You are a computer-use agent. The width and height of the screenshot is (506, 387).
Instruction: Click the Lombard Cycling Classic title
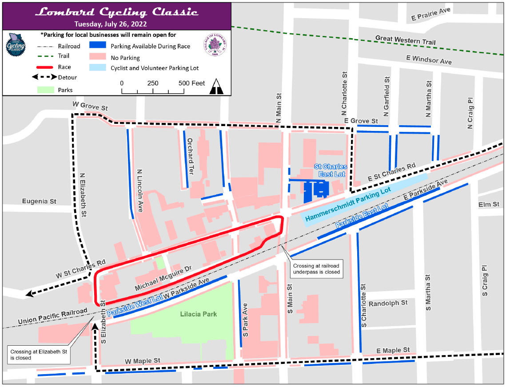coord(116,12)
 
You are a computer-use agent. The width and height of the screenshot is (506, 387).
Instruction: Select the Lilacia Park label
coord(199,314)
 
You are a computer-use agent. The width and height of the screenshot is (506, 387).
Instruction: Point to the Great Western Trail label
coord(405,40)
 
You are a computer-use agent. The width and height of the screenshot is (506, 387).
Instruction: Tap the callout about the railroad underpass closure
coord(316,269)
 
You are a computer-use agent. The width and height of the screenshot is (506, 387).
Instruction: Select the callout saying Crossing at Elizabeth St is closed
coord(39,355)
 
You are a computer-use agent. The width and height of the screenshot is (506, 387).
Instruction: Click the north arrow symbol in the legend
coord(217,86)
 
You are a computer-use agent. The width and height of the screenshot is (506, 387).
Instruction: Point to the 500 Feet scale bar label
coord(191,83)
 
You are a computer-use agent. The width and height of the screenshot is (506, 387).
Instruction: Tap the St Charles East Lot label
coord(331,170)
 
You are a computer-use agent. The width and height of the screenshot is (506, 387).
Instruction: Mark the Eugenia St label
coord(40,201)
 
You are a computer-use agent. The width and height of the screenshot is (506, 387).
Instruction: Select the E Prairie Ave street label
coord(430,15)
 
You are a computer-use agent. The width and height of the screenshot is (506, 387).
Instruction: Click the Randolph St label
coord(388,303)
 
